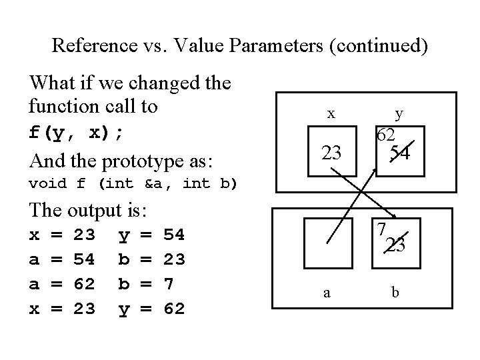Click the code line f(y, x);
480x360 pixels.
point(76,131)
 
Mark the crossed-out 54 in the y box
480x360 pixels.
point(400,153)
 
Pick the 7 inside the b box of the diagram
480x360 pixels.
point(381,230)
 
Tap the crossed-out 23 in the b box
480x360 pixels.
point(396,245)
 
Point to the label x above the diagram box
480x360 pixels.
point(331,113)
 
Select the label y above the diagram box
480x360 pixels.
point(399,115)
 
